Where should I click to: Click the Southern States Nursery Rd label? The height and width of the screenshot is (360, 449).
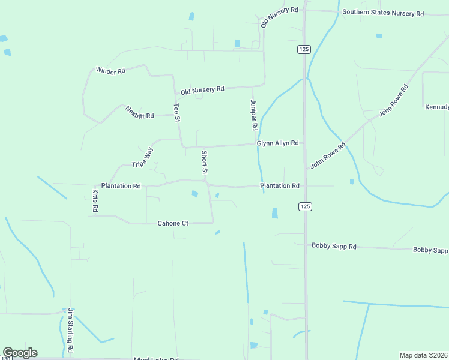click(383, 13)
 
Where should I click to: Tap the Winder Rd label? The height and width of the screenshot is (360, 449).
click(110, 71)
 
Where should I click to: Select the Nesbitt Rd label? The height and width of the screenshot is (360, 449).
click(140, 112)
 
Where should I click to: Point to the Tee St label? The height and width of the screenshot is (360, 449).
click(177, 113)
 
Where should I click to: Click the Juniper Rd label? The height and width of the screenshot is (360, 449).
click(253, 115)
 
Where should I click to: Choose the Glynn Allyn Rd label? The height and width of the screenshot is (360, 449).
click(277, 143)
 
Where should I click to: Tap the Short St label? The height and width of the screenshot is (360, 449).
click(204, 163)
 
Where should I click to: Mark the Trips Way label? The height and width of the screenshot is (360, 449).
click(143, 156)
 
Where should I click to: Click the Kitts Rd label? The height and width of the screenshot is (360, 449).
click(95, 201)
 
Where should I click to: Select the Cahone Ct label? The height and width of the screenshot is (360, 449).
click(173, 223)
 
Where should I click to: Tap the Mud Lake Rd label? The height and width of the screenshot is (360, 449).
click(157, 358)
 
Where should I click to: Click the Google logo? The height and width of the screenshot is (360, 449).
click(20, 353)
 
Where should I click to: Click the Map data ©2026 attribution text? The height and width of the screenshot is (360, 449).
click(423, 355)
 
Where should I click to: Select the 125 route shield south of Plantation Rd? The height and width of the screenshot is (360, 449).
click(305, 206)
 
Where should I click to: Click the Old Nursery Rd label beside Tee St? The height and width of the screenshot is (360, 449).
click(202, 89)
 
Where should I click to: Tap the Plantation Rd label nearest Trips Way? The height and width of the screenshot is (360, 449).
click(121, 186)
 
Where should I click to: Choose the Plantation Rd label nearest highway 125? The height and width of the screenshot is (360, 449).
click(280, 186)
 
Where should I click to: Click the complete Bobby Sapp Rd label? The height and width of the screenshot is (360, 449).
click(334, 247)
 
